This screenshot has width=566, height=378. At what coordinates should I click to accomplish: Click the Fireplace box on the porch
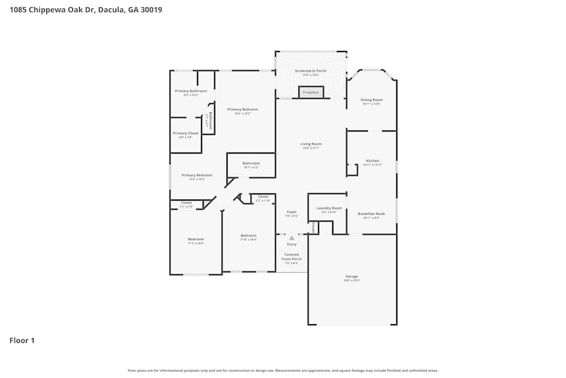click(311, 92)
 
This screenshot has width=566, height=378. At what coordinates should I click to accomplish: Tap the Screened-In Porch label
click(310, 71)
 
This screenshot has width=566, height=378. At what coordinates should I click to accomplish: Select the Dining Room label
click(371, 100)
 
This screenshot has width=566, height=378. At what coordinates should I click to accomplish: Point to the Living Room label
click(311, 144)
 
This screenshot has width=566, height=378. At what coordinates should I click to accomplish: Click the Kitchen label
click(372, 161)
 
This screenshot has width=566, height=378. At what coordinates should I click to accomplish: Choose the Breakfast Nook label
click(371, 214)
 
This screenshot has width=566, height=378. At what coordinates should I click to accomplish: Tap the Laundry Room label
click(329, 208)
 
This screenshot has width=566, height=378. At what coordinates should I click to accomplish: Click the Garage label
click(351, 277)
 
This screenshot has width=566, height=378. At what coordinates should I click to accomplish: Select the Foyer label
click(291, 212)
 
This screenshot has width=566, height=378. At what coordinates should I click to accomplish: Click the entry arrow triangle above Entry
click(291, 238)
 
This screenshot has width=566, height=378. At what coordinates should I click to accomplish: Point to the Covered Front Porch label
click(292, 257)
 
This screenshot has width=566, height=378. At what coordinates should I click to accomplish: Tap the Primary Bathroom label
click(191, 91)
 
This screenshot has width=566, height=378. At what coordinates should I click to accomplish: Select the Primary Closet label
click(186, 133)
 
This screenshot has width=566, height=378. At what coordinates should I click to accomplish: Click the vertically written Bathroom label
click(210, 120)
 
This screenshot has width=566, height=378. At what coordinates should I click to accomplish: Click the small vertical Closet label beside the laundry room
click(313, 227)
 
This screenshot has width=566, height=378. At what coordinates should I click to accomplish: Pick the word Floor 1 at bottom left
click(22, 341)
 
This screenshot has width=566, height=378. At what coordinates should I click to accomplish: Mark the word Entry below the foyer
click(291, 244)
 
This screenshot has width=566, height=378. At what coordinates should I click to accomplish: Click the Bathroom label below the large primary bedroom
click(251, 163)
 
